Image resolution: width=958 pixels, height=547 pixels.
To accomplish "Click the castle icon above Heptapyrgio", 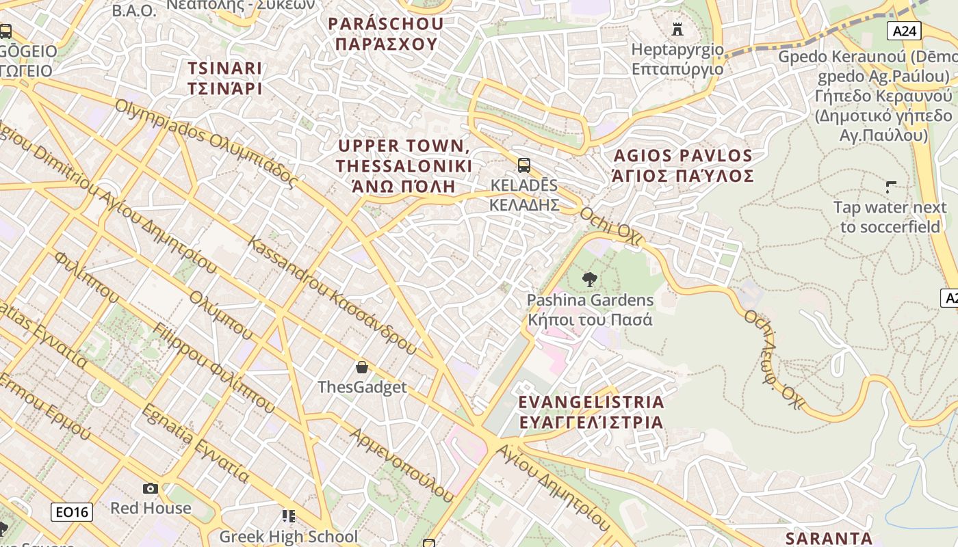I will [x=677, y=29].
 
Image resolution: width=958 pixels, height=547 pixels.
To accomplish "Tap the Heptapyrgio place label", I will [x=677, y=59].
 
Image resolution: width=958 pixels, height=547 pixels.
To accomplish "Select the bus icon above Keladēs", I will [x=524, y=165].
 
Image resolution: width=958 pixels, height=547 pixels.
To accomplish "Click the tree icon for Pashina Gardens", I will [x=588, y=279].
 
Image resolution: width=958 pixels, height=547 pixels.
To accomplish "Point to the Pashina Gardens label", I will [x=590, y=310].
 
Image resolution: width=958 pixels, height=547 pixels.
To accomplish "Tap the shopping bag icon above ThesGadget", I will [x=362, y=367].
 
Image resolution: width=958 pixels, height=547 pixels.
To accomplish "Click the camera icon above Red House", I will [x=151, y=488].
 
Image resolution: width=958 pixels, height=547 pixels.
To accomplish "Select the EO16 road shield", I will [x=72, y=512].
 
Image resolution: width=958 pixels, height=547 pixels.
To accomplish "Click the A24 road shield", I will [x=905, y=31].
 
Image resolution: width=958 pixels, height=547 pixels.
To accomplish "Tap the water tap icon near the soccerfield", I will [x=891, y=186].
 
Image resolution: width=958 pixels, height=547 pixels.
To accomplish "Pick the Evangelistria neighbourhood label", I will [x=591, y=412].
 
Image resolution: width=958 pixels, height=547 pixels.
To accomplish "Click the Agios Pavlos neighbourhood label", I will [x=683, y=165].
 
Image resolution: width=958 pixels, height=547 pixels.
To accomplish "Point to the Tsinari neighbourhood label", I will [x=225, y=78].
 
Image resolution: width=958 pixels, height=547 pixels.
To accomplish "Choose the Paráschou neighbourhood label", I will [x=386, y=34].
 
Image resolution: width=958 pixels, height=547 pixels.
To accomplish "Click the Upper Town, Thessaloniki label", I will [x=404, y=165].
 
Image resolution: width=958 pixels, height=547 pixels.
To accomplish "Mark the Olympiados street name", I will [x=205, y=144].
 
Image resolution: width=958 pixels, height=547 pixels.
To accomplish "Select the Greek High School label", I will [x=288, y=536].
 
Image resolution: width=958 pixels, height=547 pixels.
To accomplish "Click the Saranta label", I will [x=829, y=538].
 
